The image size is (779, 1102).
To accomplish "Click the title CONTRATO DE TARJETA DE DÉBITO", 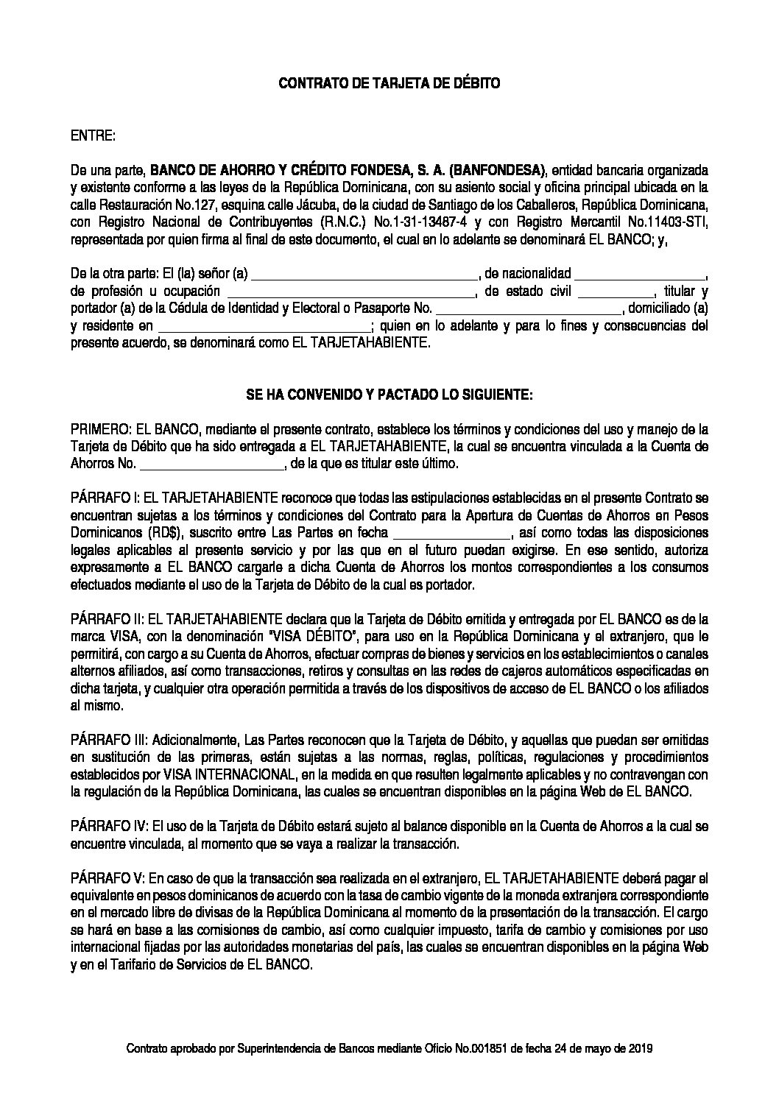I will [x=389, y=84].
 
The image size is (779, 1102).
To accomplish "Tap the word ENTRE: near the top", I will [x=93, y=136].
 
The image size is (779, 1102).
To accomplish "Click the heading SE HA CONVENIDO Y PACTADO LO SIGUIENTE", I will [x=389, y=396].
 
